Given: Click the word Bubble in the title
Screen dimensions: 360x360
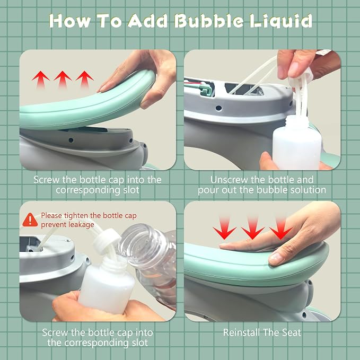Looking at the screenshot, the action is [208, 21].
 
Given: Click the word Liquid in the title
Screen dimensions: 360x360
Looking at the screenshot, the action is [281, 21].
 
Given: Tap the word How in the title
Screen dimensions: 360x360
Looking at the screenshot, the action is [70, 21].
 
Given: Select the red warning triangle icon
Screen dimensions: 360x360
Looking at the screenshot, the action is [30, 220].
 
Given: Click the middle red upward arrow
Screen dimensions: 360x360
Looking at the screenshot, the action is [63, 79].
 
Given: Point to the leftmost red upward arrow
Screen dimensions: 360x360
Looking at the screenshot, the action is [41, 80].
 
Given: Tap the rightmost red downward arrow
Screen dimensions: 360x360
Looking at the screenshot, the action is [281, 228].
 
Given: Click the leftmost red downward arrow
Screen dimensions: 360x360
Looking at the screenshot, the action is [224, 228].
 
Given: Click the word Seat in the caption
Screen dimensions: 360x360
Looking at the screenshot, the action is [292, 332].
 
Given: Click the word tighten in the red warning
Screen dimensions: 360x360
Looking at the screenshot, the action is [76, 216].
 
